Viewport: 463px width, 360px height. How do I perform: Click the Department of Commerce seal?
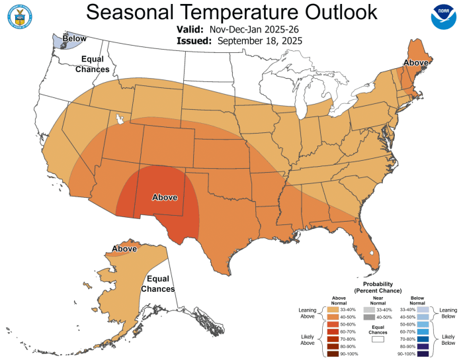click(19, 18)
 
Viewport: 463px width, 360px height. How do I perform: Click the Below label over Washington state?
click(74, 39)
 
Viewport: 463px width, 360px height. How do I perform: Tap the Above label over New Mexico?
click(165, 197)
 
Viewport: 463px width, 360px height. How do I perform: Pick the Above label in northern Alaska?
click(124, 249)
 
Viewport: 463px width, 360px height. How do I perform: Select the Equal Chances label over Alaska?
click(161, 284)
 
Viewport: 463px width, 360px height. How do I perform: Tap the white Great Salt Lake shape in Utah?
click(120, 119)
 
